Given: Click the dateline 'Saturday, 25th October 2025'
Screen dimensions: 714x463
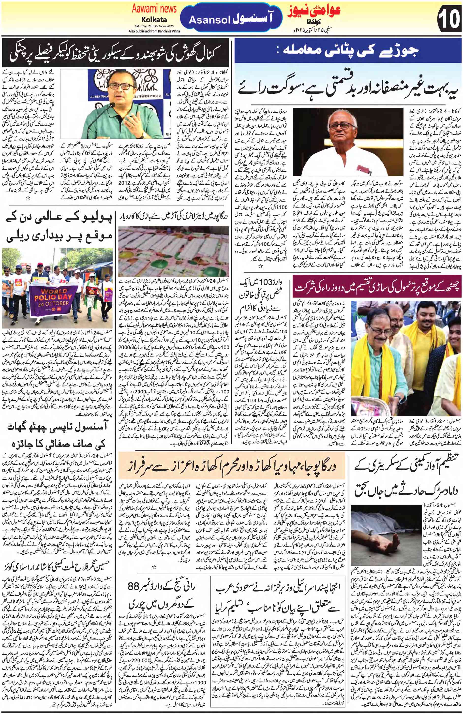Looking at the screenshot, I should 154,26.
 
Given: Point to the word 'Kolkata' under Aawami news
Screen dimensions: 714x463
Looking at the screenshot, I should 154,19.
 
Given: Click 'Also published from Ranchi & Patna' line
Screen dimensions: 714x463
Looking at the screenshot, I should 154,31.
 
